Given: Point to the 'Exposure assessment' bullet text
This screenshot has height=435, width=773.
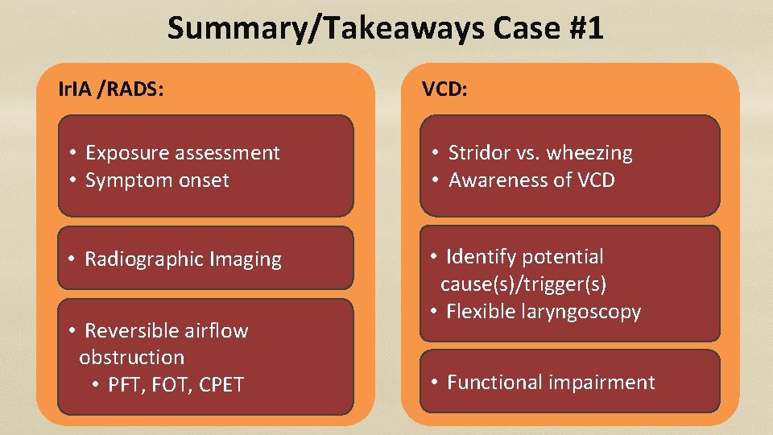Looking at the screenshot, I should click(x=182, y=153).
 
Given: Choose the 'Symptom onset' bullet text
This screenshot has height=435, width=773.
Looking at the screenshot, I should click(x=157, y=180).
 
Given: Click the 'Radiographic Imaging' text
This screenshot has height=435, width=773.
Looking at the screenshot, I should click(x=183, y=259).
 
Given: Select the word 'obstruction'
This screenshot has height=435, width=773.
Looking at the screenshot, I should click(x=131, y=358).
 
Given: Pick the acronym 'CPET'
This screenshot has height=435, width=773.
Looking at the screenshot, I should click(x=217, y=385).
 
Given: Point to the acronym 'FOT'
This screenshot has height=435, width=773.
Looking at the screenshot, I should click(x=171, y=385).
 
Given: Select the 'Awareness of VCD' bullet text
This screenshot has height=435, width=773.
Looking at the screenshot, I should click(x=531, y=180).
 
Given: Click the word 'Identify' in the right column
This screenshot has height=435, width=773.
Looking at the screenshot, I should click(x=482, y=257).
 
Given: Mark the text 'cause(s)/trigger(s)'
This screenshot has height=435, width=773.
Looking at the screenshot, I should click(x=523, y=284).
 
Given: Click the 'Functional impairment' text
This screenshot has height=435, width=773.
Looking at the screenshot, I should click(x=551, y=383).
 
